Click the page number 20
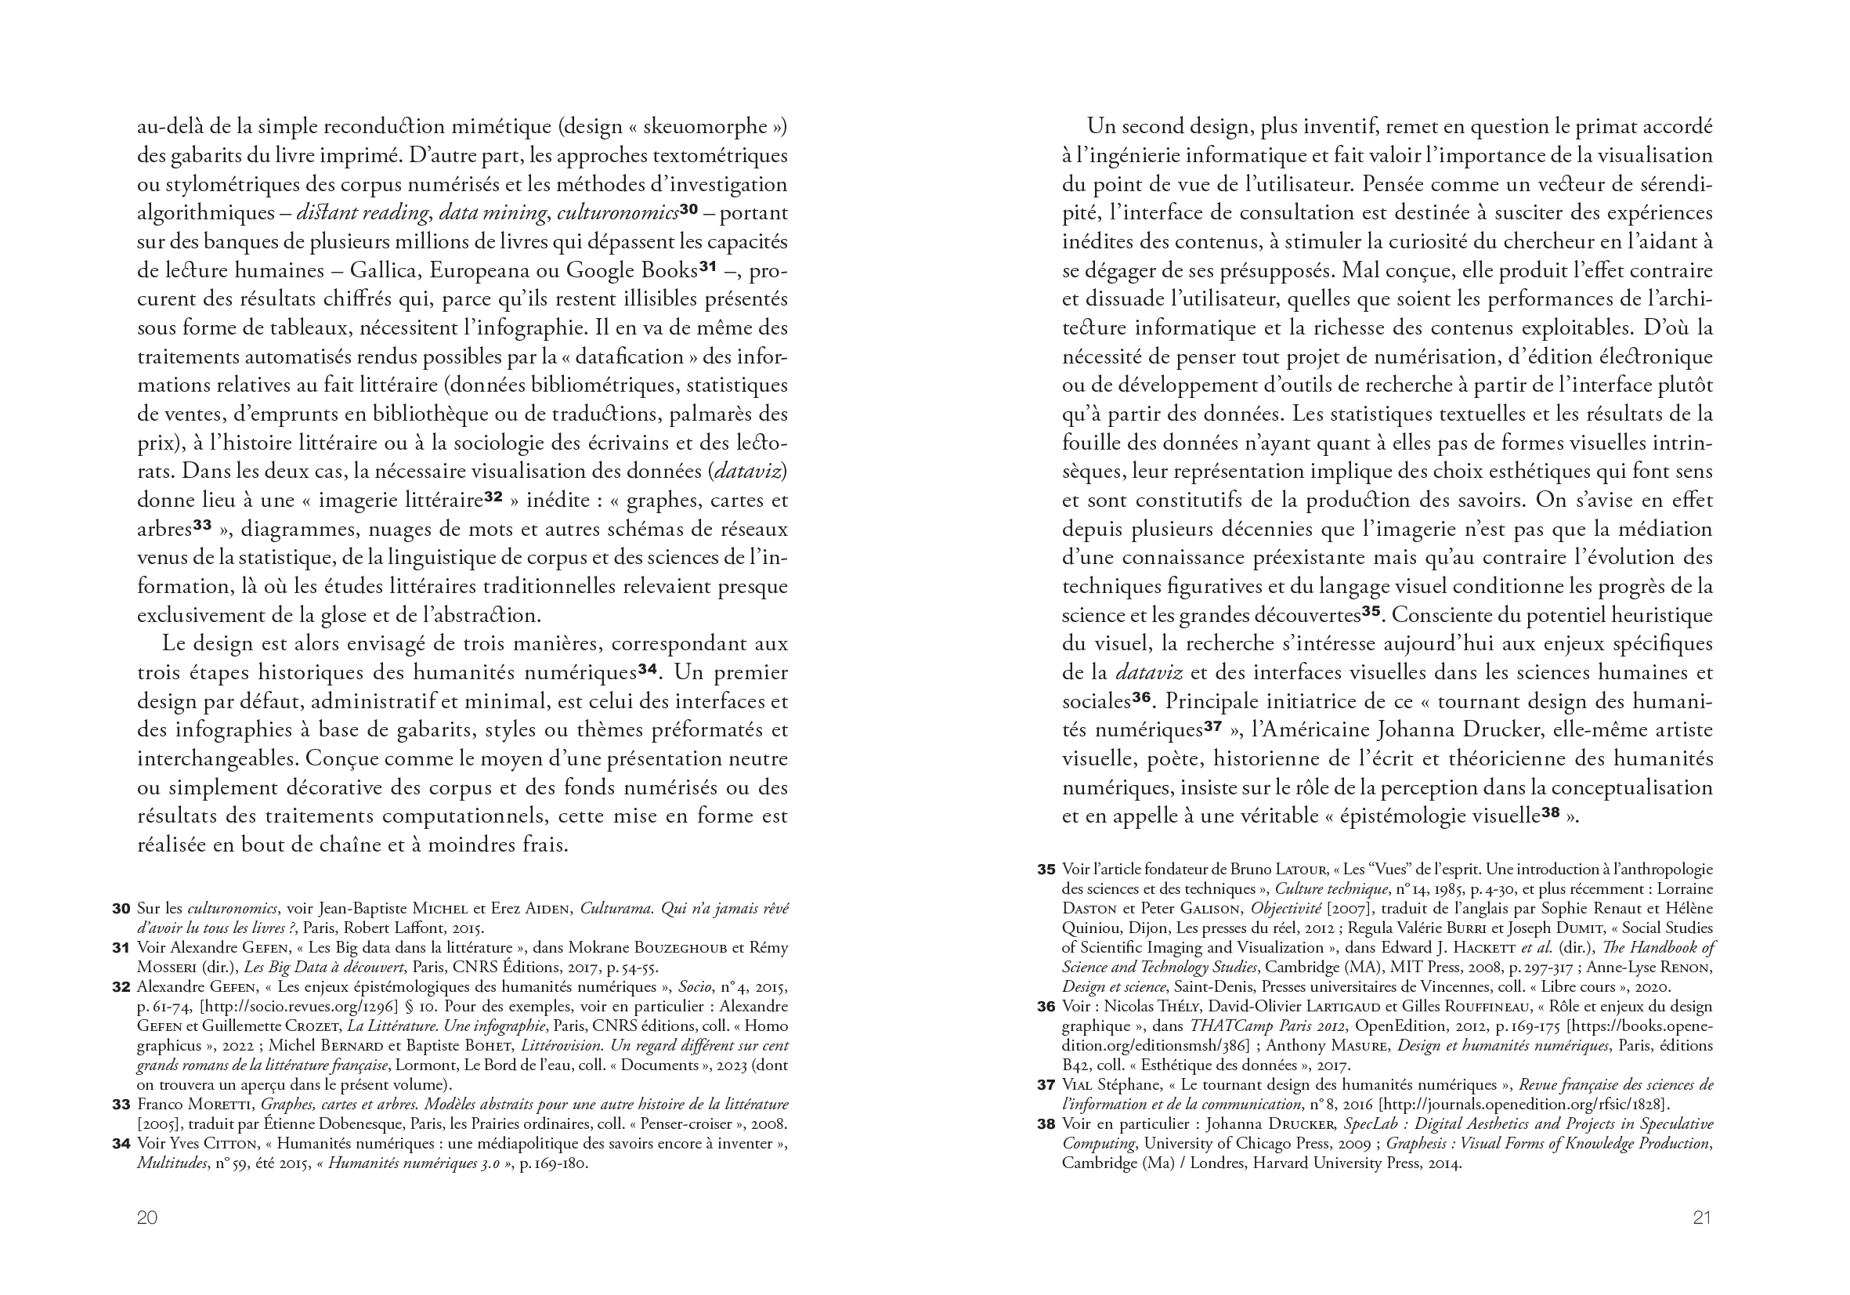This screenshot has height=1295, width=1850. tap(146, 1217)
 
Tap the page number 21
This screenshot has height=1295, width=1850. tap(1702, 1217)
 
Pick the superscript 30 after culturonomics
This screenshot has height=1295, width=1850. tap(688, 210)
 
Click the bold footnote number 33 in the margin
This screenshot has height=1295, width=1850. tap(121, 1105)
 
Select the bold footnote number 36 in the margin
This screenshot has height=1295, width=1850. tap(1046, 1007)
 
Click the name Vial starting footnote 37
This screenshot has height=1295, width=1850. tap(1078, 1086)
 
